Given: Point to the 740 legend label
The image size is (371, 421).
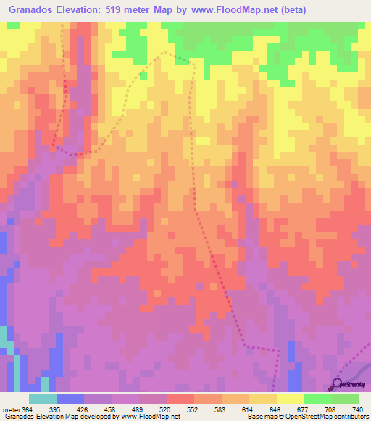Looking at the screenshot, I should click(x=357, y=410).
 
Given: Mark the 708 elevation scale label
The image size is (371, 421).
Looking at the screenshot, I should click(x=328, y=410).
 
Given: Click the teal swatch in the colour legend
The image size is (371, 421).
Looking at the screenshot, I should click(x=43, y=399).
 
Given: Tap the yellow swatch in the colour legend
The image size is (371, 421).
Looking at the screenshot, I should click(x=290, y=399).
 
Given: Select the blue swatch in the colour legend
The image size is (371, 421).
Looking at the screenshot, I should click(x=70, y=399).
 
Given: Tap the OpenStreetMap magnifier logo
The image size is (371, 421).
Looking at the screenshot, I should click(x=337, y=383).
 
